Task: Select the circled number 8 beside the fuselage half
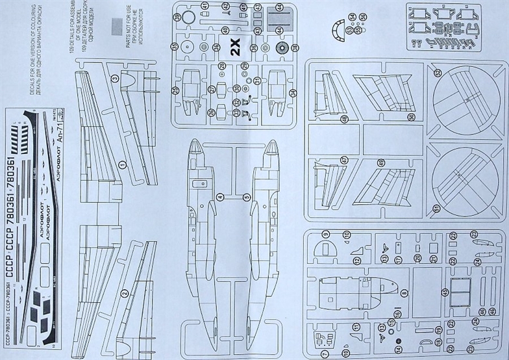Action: (x=404, y=294)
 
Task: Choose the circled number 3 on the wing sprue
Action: (x=114, y=79)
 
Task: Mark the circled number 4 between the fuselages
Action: (x=220, y=196)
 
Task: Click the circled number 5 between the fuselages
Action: (x=247, y=196)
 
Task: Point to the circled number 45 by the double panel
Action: (x=445, y=292)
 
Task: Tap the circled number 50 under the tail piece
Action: (x=411, y=117)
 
